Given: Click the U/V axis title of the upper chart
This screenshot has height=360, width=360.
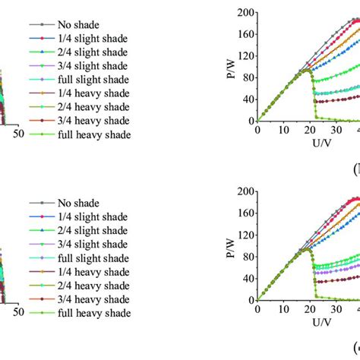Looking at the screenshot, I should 304,142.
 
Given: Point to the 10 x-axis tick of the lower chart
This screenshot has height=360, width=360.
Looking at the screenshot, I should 283,308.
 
